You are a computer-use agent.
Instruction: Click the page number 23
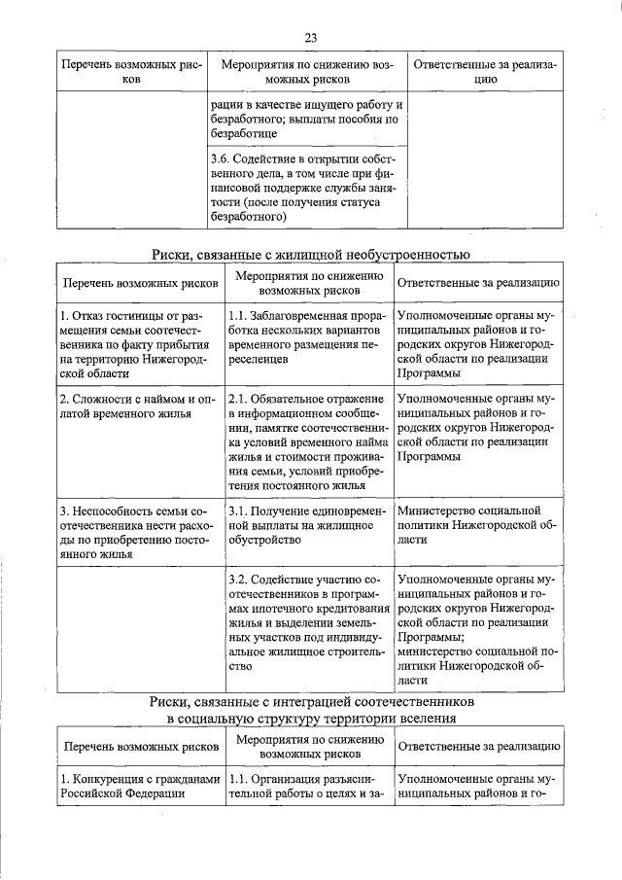point(311,38)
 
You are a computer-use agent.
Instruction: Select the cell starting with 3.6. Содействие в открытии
point(307,187)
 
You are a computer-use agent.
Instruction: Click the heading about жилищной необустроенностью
point(311,255)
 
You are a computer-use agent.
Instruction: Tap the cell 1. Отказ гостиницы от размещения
point(140,346)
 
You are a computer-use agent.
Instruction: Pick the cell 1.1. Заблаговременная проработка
point(307,338)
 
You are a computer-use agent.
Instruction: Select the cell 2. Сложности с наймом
point(140,407)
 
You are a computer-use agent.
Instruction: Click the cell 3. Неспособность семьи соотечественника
point(140,532)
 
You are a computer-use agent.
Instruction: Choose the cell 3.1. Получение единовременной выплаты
point(307,524)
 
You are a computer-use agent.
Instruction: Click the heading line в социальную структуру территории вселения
point(311,719)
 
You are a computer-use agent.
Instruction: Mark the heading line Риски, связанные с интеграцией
point(311,700)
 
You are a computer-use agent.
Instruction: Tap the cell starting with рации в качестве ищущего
point(307,119)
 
